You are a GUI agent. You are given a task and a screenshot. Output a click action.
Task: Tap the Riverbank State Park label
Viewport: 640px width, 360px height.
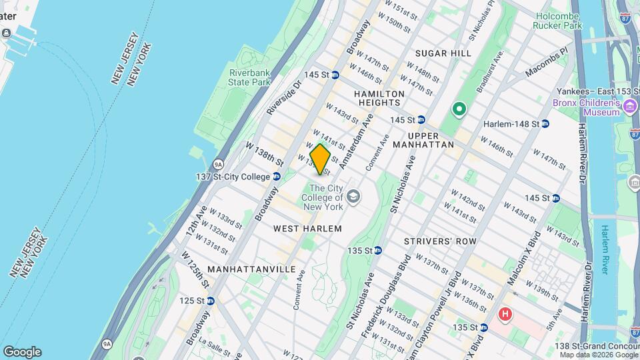[249, 77]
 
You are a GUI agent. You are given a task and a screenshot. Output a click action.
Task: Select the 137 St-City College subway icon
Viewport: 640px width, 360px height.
[277, 177]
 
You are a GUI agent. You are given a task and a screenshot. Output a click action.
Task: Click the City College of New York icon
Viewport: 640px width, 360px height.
[353, 196]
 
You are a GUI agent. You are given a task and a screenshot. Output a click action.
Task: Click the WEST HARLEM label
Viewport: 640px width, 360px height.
[307, 229]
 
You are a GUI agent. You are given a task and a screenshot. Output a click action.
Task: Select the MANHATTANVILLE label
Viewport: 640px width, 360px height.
[251, 269]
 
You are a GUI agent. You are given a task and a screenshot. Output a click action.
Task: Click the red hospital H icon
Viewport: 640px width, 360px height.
[506, 313]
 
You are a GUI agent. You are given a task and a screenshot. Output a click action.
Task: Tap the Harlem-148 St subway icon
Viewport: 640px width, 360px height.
[545, 123]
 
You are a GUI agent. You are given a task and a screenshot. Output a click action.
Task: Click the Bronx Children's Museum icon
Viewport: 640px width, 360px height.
[630, 105]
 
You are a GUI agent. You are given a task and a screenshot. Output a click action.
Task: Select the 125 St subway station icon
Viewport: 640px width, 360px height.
[210, 301]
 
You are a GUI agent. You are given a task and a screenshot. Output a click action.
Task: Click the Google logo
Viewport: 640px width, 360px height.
[22, 351]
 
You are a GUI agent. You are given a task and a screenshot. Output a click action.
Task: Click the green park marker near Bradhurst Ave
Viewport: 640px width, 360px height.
[459, 108]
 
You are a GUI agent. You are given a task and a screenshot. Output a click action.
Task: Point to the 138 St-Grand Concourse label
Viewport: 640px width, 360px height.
[597, 346]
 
